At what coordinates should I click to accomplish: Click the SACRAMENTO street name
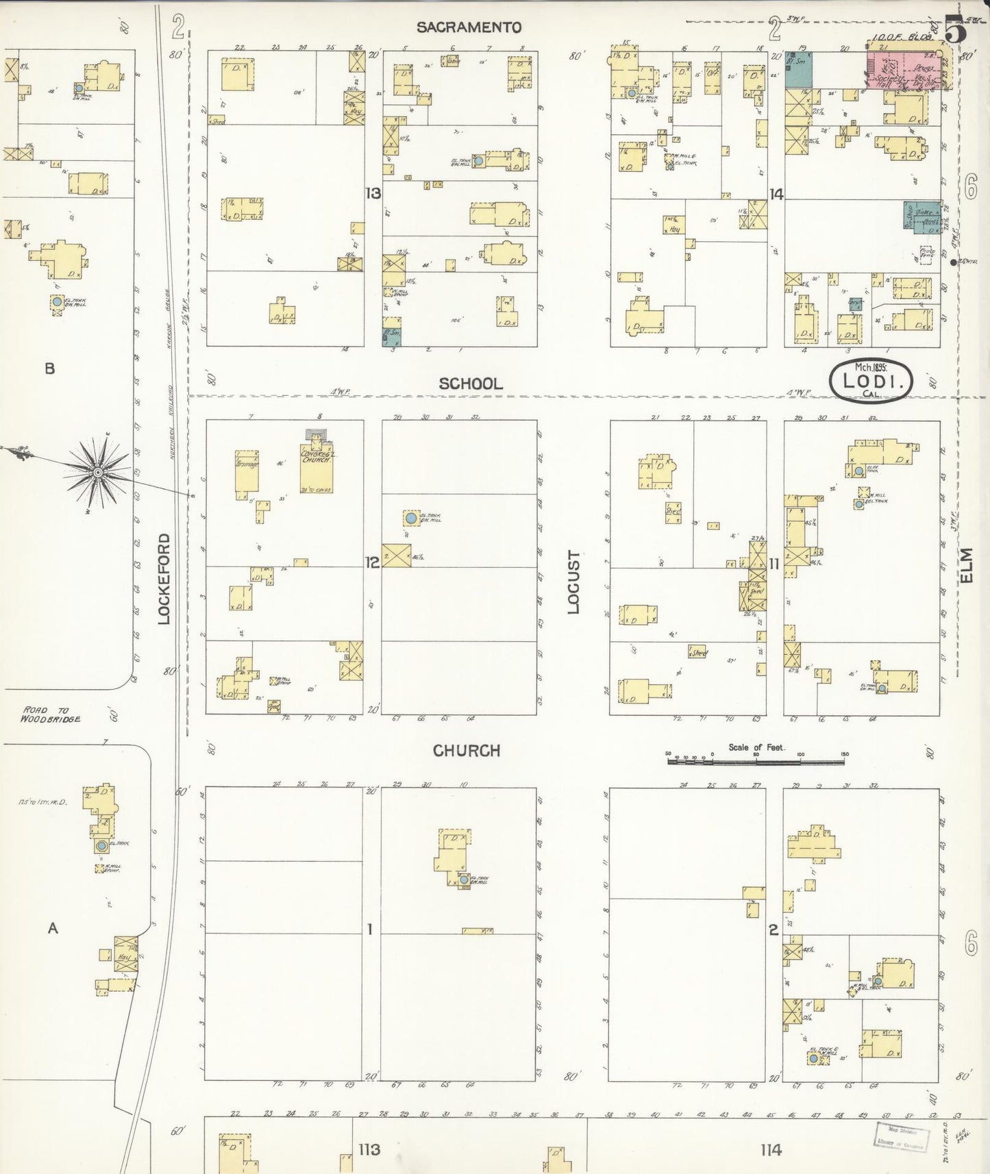click(x=469, y=27)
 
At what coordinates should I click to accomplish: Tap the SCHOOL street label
click(x=471, y=384)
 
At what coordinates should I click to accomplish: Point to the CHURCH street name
click(x=467, y=751)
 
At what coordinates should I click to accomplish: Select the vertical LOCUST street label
click(x=573, y=582)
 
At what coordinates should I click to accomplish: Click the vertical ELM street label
click(x=967, y=566)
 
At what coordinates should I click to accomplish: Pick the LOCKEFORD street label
click(x=164, y=579)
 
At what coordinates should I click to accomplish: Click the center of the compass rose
click(x=98, y=473)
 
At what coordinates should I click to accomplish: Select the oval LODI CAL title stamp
click(x=871, y=381)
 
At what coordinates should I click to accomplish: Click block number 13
click(x=373, y=194)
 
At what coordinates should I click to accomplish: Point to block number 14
click(x=776, y=195)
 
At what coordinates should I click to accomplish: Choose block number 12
click(x=372, y=563)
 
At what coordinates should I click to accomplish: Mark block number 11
click(x=774, y=564)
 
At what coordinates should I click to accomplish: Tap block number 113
click(x=369, y=1149)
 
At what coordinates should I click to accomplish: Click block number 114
click(x=771, y=1149)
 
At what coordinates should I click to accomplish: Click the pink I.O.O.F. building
click(x=902, y=68)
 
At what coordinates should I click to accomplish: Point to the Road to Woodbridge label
click(x=50, y=714)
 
